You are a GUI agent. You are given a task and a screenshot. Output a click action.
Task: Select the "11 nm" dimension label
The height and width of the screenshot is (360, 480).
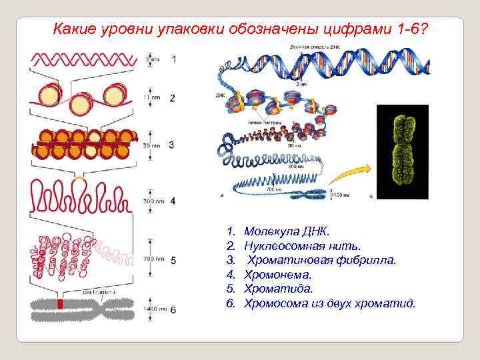(152, 97)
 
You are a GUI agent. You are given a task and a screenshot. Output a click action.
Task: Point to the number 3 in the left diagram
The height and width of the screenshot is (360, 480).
(172, 144)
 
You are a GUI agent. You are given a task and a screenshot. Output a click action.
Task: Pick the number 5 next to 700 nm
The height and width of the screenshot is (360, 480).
(173, 260)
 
